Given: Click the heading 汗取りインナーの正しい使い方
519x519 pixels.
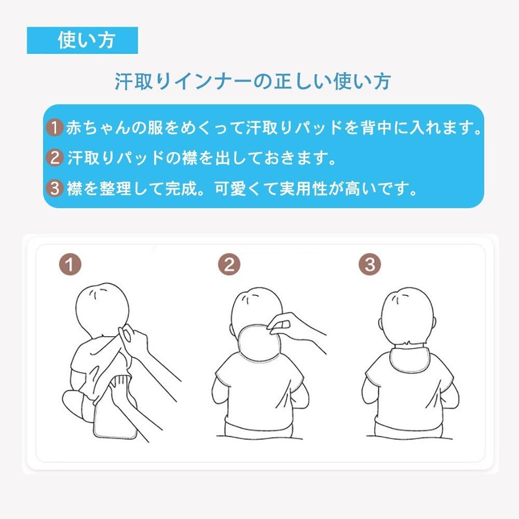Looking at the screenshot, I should [x=253, y=81].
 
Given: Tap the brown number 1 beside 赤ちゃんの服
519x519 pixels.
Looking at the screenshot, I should [x=54, y=128].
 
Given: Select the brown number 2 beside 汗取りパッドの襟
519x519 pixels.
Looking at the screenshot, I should [x=54, y=158].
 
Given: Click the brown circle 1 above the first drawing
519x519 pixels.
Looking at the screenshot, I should [x=69, y=265].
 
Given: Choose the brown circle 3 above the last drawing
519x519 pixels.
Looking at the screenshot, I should [x=370, y=265].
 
